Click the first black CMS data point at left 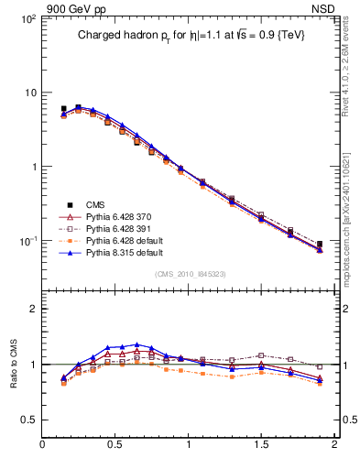tap(63, 109)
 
